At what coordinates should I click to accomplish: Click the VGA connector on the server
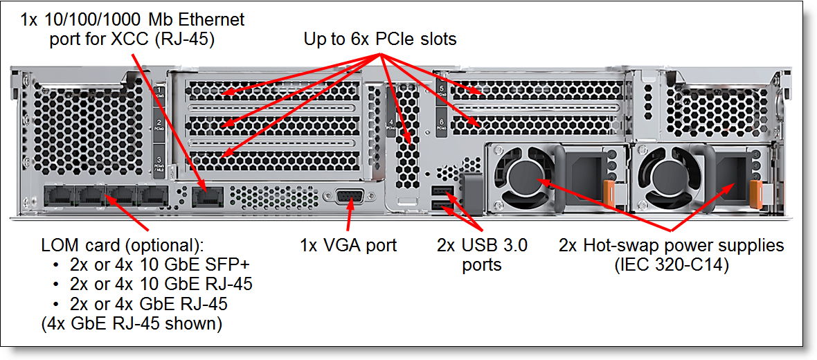pos(350,197)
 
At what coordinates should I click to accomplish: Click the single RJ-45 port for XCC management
pos(206,197)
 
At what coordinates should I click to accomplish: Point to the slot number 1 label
pos(159,93)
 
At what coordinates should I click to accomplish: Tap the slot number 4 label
pos(392,125)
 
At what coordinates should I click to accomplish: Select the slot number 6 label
pos(442,123)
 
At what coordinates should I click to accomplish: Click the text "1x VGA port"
pos(348,245)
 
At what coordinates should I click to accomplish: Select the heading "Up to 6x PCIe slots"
pos(380,39)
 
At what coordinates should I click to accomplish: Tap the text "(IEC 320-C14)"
pos(671,264)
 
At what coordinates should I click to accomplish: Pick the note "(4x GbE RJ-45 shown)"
pos(132,323)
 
